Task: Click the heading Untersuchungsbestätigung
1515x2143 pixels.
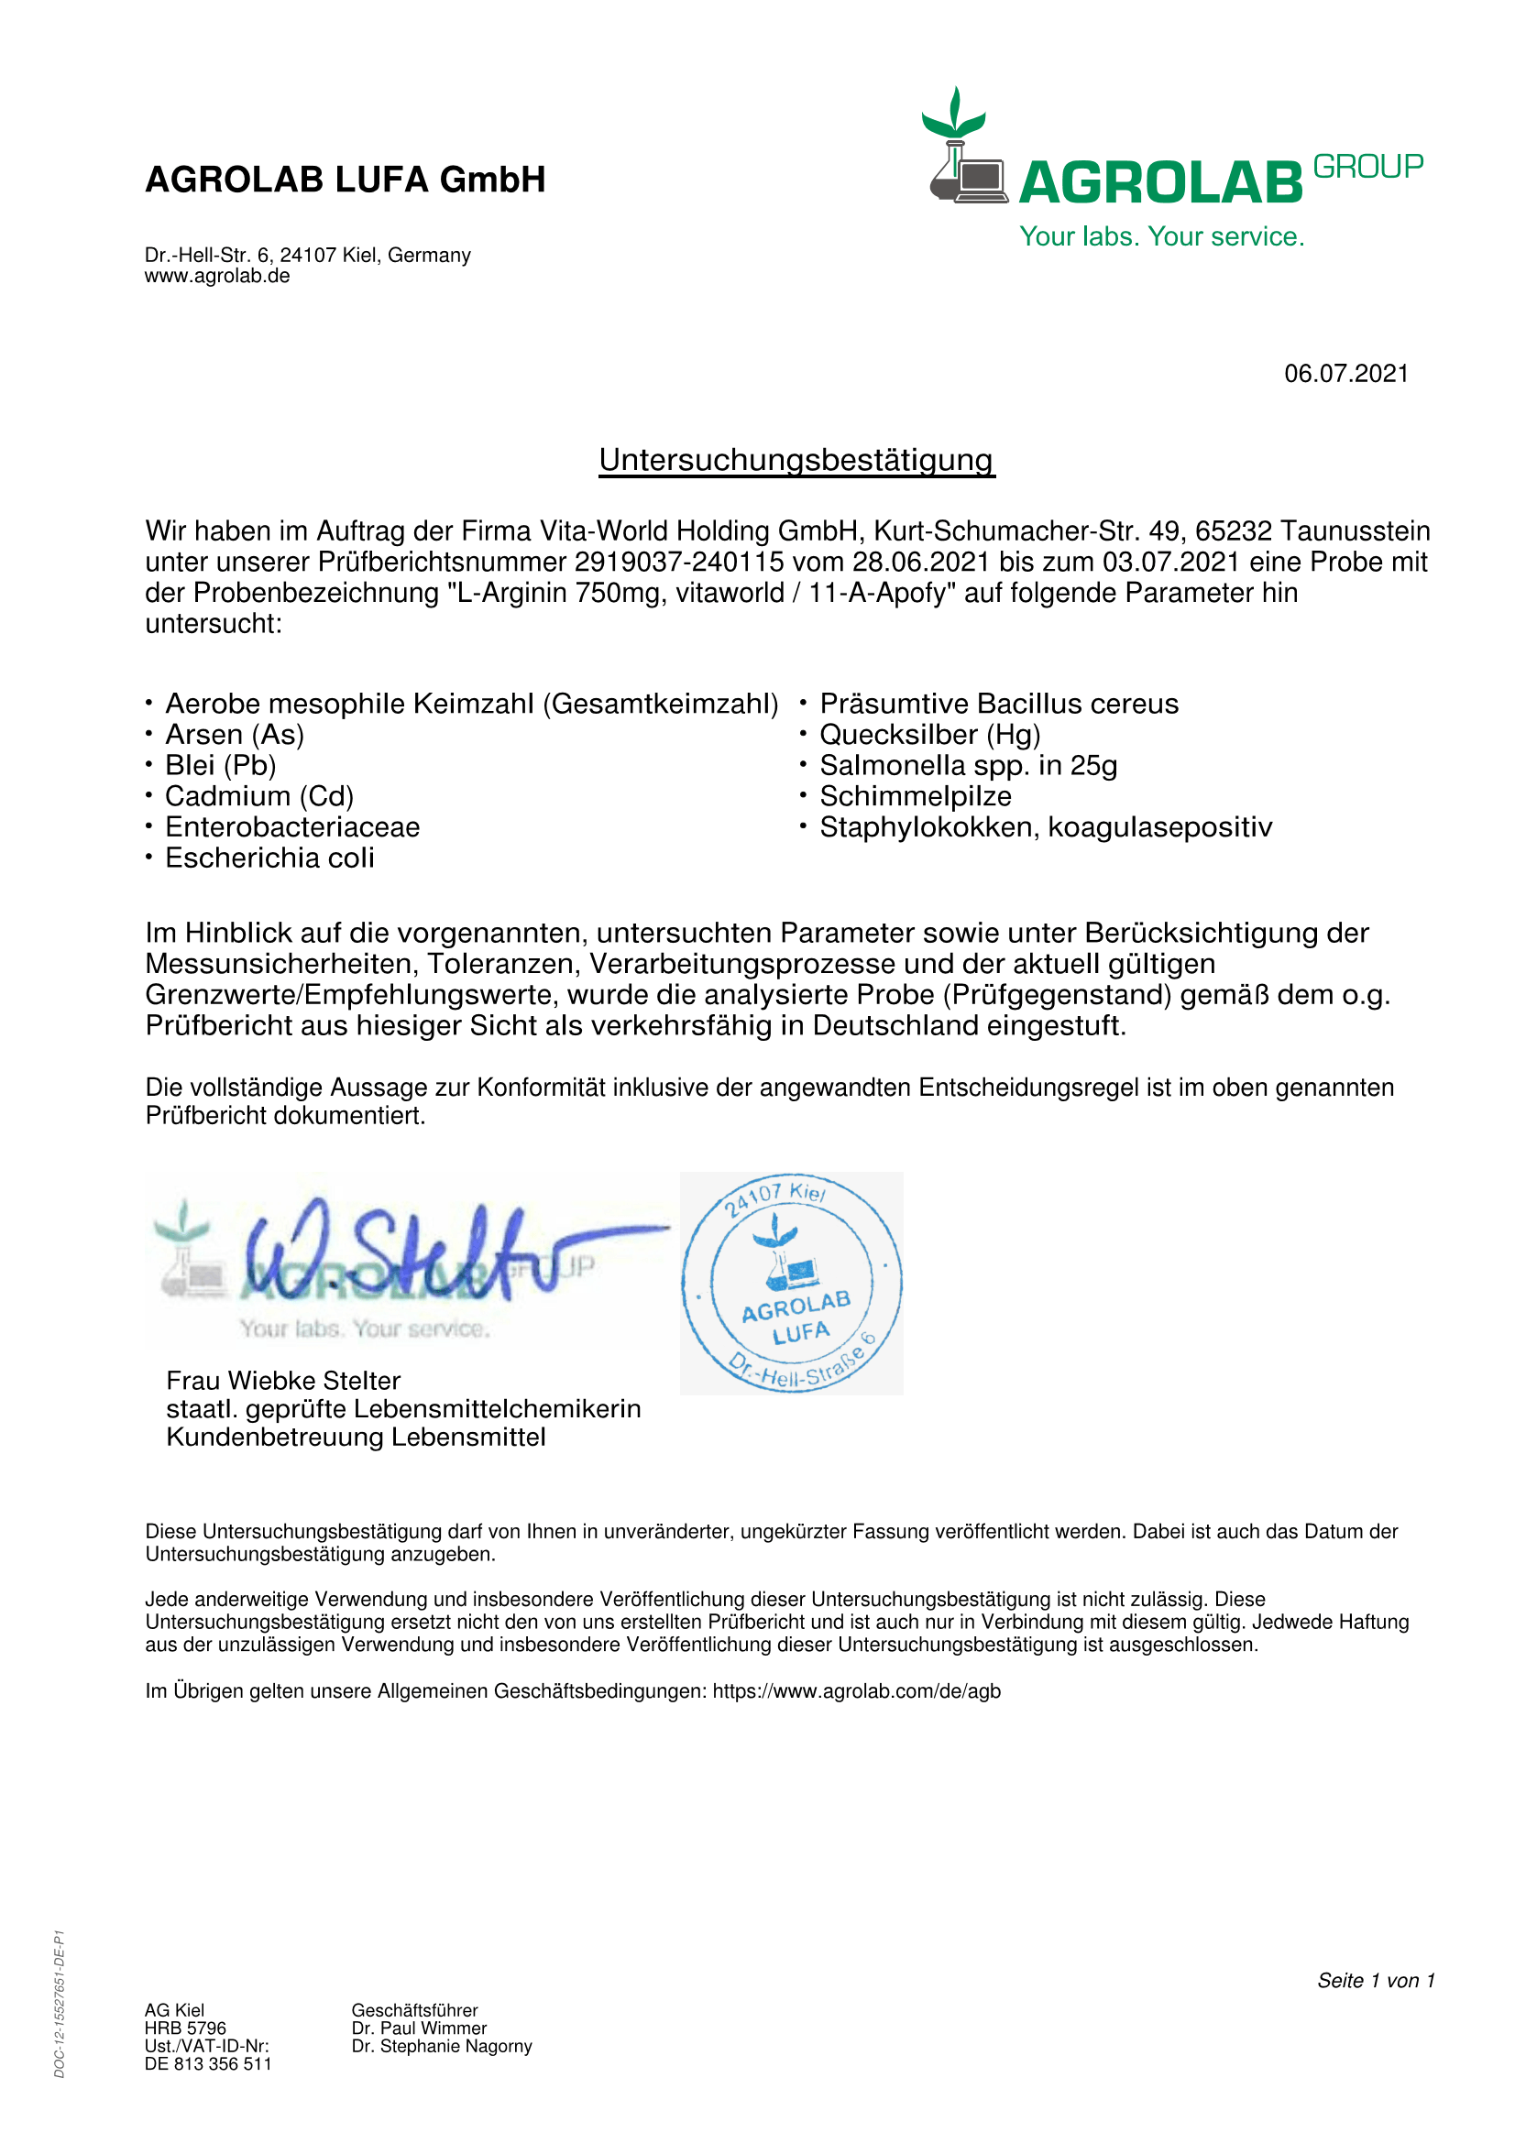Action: (x=796, y=460)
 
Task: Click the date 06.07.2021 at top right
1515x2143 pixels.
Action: (x=1345, y=373)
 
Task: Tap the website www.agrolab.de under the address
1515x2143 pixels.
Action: (x=216, y=277)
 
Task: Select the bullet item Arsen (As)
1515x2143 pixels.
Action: (x=235, y=735)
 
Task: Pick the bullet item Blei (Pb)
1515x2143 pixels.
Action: (x=220, y=765)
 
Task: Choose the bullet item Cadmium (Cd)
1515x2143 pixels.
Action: (x=259, y=796)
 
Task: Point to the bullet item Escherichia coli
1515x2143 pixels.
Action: (x=269, y=858)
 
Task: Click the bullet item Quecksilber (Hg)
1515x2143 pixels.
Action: (x=929, y=735)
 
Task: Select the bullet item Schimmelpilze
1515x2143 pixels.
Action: (x=915, y=796)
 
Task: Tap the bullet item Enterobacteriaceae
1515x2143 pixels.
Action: (x=292, y=827)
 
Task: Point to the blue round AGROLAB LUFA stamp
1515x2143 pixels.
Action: (x=792, y=1283)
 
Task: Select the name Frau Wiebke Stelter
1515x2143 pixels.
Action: (x=283, y=1381)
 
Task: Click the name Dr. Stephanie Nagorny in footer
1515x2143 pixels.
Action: (x=442, y=2046)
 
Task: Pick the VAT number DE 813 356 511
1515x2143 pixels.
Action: (x=208, y=2063)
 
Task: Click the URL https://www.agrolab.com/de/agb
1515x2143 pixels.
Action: (x=856, y=1691)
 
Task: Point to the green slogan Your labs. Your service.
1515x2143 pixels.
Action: (x=1161, y=236)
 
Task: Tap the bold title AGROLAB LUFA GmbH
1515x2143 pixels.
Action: (x=346, y=180)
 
